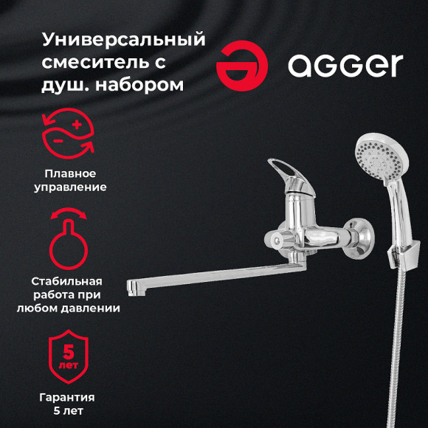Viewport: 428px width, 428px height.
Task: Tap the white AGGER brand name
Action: pos(345,66)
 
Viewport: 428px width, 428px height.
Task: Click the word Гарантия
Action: pos(67,397)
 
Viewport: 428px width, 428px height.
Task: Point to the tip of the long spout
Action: pos(132,285)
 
